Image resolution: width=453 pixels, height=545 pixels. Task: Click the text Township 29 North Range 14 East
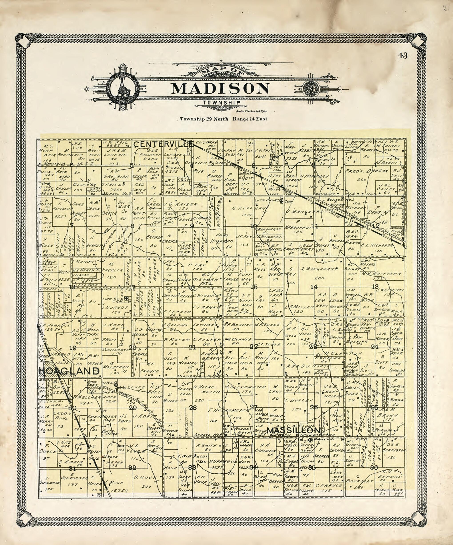pyautogui.click(x=224, y=119)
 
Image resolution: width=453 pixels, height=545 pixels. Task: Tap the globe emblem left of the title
pyautogui.click(x=124, y=88)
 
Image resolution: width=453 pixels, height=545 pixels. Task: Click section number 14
pyautogui.click(x=314, y=287)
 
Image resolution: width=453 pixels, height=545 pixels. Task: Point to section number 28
pyautogui.click(x=193, y=407)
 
